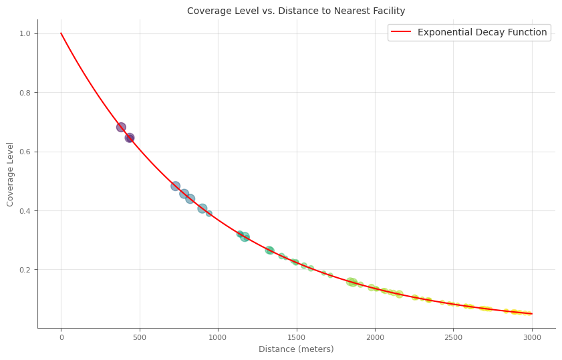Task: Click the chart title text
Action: pos(295,11)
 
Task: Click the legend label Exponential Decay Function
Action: pos(482,32)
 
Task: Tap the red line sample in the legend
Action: pos(402,32)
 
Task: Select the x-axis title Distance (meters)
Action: pos(296,349)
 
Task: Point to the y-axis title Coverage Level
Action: pos(11,174)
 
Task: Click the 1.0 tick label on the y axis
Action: pos(25,33)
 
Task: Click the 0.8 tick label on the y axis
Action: pos(25,93)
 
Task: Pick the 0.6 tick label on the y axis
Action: pos(25,152)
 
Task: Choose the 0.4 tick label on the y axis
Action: pos(25,211)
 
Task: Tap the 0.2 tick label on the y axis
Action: pos(25,270)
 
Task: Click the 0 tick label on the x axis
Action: pos(61,337)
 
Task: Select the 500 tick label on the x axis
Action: pos(140,337)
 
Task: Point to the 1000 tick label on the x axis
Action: pos(218,337)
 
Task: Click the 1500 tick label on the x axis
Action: pos(297,337)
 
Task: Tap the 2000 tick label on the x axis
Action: pos(375,337)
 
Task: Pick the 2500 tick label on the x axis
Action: pos(453,337)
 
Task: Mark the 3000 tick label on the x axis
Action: pos(532,337)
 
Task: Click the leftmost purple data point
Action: pos(121,127)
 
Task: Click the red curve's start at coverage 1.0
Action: pos(61,33)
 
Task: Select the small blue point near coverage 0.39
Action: pos(208,214)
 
